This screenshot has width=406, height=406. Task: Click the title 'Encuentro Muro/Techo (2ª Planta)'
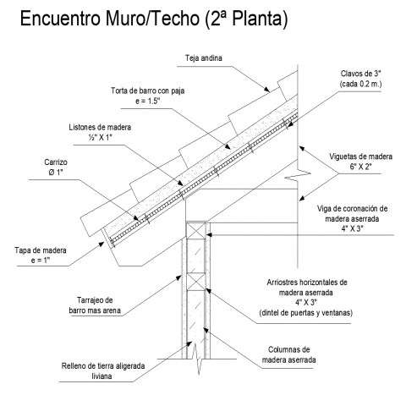(154, 19)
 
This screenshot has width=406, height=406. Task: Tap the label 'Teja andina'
(204, 58)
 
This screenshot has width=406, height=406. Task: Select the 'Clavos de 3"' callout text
(360, 74)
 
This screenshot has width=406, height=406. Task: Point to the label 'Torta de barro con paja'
(147, 91)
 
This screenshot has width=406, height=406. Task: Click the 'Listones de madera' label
(100, 127)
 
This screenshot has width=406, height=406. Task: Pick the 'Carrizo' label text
(56, 162)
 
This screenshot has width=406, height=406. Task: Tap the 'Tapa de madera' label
(41, 250)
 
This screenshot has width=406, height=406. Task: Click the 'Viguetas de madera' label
(361, 156)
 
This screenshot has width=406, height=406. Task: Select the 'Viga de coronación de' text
(352, 209)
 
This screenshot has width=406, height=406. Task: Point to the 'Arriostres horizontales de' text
(307, 283)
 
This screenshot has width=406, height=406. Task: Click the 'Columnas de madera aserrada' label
(288, 354)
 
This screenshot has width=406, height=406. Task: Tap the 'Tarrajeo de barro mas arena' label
(95, 305)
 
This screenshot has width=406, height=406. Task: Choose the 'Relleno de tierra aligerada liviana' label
(103, 371)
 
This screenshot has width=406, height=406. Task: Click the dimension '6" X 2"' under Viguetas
(361, 167)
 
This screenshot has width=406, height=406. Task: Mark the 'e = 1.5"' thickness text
(147, 101)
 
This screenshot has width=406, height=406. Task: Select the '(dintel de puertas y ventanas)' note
(306, 313)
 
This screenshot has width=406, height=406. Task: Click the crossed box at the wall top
(196, 230)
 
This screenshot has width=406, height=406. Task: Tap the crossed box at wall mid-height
(196, 282)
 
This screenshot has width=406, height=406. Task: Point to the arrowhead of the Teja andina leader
(266, 90)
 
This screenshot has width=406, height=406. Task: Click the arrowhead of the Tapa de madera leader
(101, 244)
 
